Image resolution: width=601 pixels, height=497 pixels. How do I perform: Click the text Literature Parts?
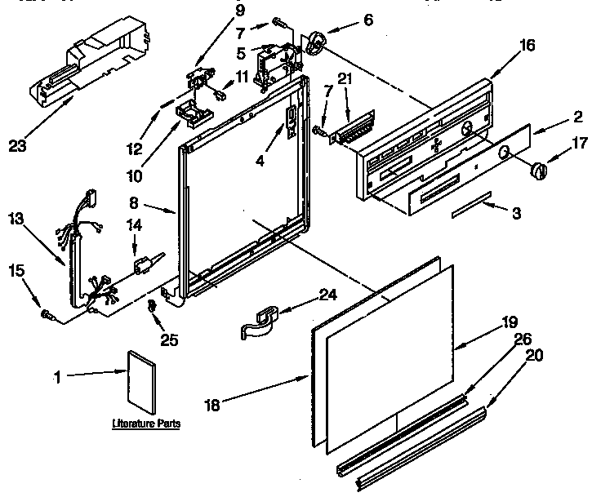pyautogui.click(x=146, y=424)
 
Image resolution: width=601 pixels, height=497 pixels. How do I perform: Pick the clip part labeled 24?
pyautogui.click(x=260, y=319)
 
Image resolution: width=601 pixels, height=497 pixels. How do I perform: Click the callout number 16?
pyautogui.click(x=528, y=46)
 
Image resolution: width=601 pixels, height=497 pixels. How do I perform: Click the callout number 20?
pyautogui.click(x=534, y=355)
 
